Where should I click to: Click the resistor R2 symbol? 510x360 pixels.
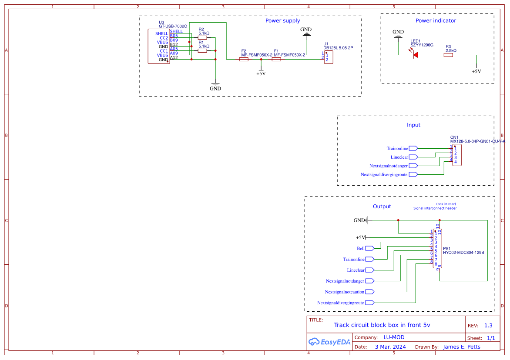coord(202,38)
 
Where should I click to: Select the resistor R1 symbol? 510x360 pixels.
coord(202,51)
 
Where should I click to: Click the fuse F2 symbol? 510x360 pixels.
coord(244,60)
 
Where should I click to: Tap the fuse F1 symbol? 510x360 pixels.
coord(276,60)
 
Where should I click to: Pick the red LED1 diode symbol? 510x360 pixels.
coord(415,55)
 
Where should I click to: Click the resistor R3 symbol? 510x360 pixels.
coord(448,55)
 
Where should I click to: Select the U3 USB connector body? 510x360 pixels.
coord(158,47)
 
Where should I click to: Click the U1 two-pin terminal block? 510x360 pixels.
coord(329,57)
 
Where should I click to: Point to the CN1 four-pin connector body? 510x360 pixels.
coord(457,155)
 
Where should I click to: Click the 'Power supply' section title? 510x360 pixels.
coord(282,21)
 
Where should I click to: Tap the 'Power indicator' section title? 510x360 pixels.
coord(436,21)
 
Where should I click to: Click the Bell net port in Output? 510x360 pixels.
coord(369,248)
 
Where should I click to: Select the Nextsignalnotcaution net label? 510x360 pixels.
coord(344,292)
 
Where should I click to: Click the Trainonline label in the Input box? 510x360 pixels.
coord(397,149)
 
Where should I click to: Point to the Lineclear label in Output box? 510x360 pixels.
coord(356,270)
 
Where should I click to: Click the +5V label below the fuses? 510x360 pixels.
coord(261,73)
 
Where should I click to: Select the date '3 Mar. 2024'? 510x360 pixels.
coord(390,347)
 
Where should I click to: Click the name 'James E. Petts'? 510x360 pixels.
coord(462,347)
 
